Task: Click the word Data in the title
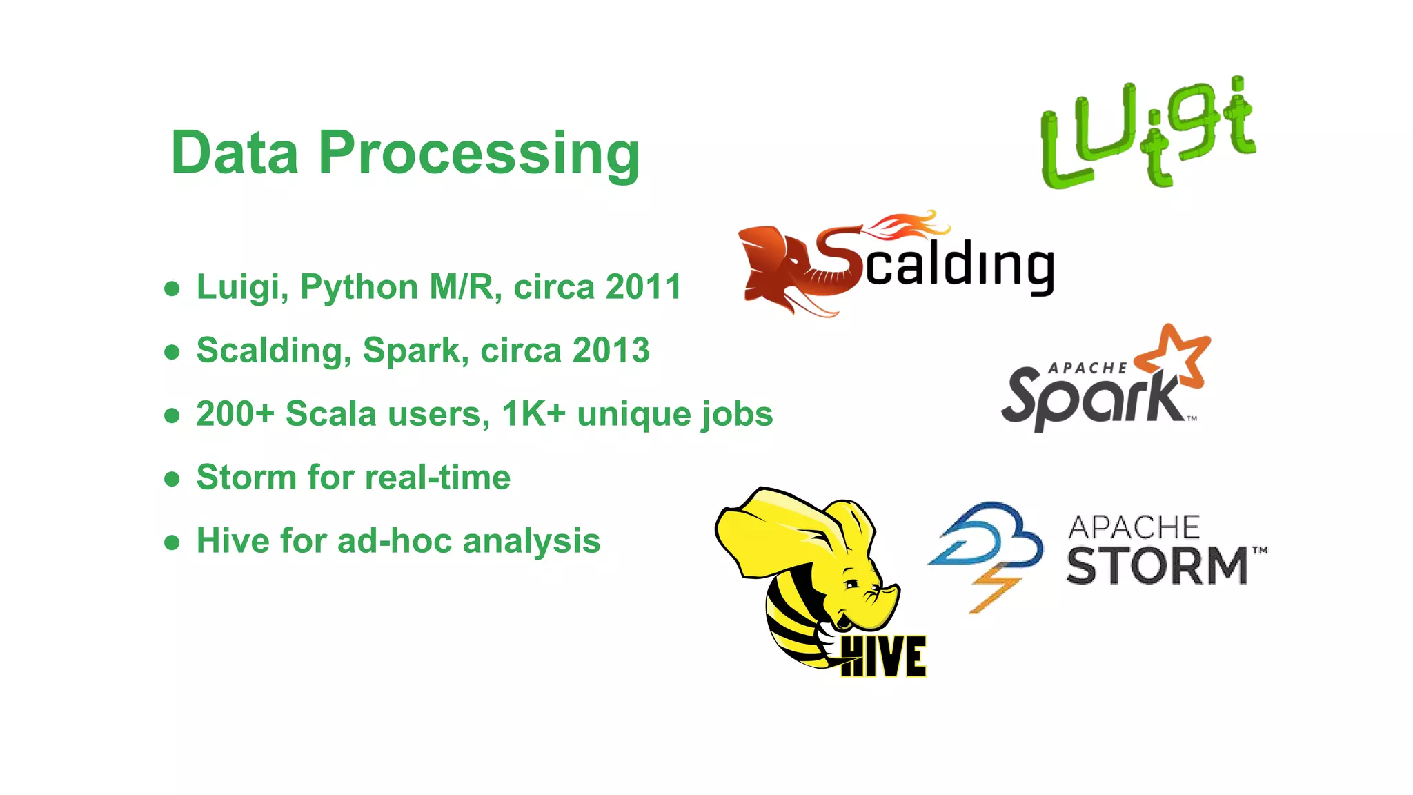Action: click(x=235, y=153)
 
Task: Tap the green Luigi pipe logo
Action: click(x=1148, y=132)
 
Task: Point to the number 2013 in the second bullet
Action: click(x=611, y=351)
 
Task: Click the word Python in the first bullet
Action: click(x=359, y=287)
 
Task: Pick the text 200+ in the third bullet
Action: click(x=235, y=414)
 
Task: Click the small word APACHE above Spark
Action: click(x=1087, y=369)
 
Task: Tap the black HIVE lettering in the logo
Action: click(x=884, y=657)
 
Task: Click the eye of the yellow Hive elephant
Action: click(x=853, y=585)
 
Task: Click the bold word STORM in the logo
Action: click(x=1157, y=566)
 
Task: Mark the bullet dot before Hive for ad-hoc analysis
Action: click(x=172, y=542)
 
